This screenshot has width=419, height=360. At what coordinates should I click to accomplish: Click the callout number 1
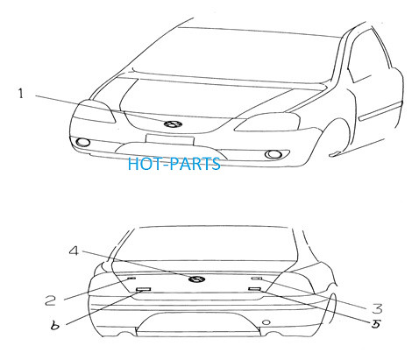pos(20,94)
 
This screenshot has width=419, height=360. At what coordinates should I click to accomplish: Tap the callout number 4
pos(74,251)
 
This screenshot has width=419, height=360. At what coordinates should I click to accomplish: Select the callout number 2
pos(51,300)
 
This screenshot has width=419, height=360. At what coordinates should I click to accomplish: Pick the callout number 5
pos(376,323)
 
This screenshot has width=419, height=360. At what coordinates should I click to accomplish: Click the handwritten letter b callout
pos(54,325)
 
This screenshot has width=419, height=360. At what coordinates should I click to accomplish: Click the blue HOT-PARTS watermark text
pos(174,164)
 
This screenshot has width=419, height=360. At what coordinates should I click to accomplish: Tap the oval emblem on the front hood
pos(173,124)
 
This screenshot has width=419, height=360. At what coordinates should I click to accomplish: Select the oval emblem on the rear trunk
pos(196,279)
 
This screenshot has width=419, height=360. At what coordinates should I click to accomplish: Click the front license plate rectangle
pos(170,139)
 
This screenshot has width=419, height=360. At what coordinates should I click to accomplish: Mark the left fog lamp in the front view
pos(82,142)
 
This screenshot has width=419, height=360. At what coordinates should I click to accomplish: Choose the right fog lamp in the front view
pos(273,154)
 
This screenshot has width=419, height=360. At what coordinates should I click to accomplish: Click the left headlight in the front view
pos(94,111)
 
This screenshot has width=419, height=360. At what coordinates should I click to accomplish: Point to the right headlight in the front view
pos(267,122)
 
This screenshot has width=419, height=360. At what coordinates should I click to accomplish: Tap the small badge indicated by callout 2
pos(131,279)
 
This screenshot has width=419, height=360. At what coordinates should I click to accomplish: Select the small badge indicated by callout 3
pos(257,279)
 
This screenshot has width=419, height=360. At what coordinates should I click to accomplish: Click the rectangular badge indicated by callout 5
pos(255,289)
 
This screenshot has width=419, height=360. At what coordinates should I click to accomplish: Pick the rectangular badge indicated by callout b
pos(144,289)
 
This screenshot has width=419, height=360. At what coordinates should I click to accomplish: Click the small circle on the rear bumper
pos(266,322)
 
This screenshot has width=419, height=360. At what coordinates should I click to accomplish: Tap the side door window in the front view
pos(370,55)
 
